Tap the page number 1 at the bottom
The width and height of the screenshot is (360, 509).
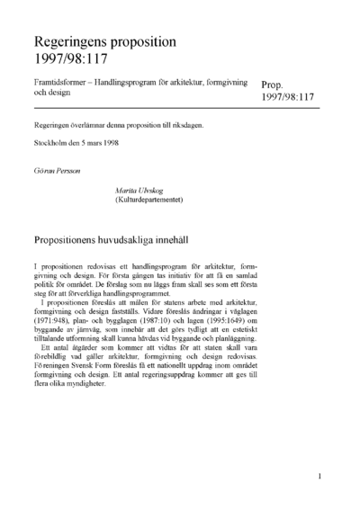pos(320,476)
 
